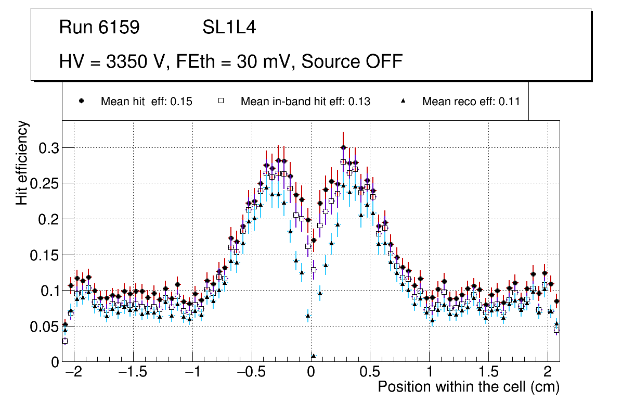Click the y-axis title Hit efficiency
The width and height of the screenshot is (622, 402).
coord(22,162)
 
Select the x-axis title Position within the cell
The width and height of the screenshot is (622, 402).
coord(468,387)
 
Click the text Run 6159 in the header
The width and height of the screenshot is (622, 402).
coord(99,28)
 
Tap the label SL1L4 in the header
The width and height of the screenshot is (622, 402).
coord(229,28)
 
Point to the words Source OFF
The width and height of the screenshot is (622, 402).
coord(352,62)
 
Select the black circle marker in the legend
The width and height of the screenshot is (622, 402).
coord(81,101)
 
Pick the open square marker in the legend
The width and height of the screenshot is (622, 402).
coord(221,101)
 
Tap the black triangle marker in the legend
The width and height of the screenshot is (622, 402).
coord(403,101)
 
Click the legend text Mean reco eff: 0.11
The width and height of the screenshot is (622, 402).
coord(471,102)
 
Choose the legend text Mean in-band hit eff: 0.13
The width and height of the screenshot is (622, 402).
coord(305,102)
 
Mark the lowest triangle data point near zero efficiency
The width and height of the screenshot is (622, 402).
coord(313,356)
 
